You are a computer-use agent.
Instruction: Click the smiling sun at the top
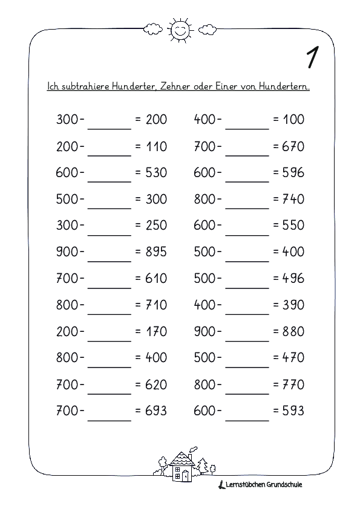point(180,30)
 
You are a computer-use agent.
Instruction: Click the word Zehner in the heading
point(183,86)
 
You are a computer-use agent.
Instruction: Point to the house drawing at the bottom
point(181,465)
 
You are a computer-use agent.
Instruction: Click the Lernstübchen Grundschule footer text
point(264,484)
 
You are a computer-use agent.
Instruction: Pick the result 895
point(156,252)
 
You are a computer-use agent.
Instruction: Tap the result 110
point(156,146)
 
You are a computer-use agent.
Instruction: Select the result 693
point(156,411)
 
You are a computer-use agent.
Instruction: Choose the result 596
point(293,173)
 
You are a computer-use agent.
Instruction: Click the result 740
point(293,199)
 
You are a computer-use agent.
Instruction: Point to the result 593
point(293,411)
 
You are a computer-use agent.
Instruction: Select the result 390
point(293,305)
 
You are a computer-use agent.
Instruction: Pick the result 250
point(156,225)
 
